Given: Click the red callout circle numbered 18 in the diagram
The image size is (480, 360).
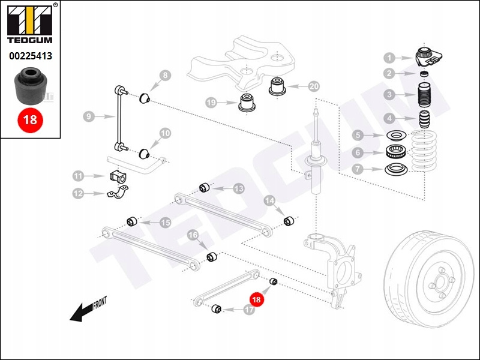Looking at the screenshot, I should click(257, 298).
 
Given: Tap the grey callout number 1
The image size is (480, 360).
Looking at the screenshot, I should click(389, 58).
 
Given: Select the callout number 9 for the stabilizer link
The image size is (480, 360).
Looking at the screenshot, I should click(88, 116).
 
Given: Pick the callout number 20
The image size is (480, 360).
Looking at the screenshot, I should click(314, 86).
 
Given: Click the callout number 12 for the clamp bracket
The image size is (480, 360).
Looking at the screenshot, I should click(79, 193).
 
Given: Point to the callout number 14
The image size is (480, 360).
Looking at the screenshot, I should click(269, 200).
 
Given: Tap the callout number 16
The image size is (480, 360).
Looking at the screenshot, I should click(193, 235).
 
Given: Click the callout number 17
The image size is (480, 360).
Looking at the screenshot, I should click(250, 310).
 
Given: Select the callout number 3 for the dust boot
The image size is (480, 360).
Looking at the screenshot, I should click(389, 95).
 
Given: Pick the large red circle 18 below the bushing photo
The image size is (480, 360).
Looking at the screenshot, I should click(30, 119).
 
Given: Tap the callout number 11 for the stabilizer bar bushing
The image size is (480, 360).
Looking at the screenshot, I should click(79, 176).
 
